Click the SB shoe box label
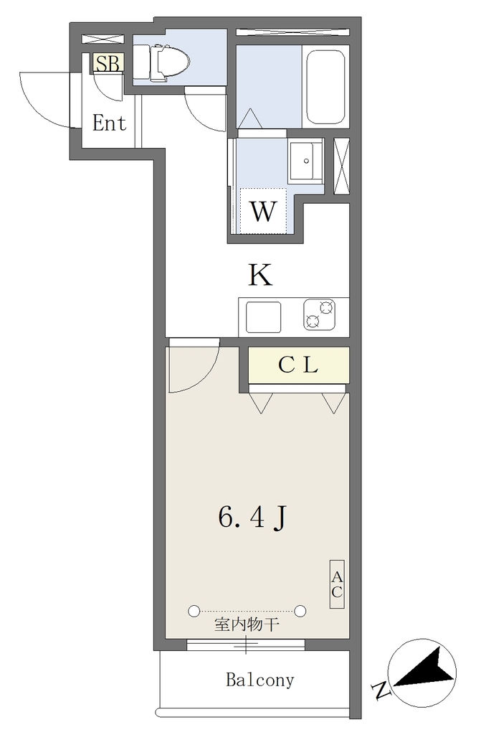(x=108, y=64)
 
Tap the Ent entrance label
(x=110, y=123)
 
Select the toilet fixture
(x=161, y=62)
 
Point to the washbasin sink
(x=305, y=161)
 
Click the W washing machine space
(x=263, y=211)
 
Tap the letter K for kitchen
(x=260, y=275)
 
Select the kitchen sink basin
(x=264, y=317)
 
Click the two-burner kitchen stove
(x=320, y=314)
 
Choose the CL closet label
(x=298, y=365)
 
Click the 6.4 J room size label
(x=252, y=518)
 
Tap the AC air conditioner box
(x=337, y=584)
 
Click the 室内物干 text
(x=247, y=624)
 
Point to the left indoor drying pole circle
(x=194, y=611)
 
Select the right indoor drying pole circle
(x=300, y=611)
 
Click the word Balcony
(x=260, y=679)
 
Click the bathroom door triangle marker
(x=250, y=118)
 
